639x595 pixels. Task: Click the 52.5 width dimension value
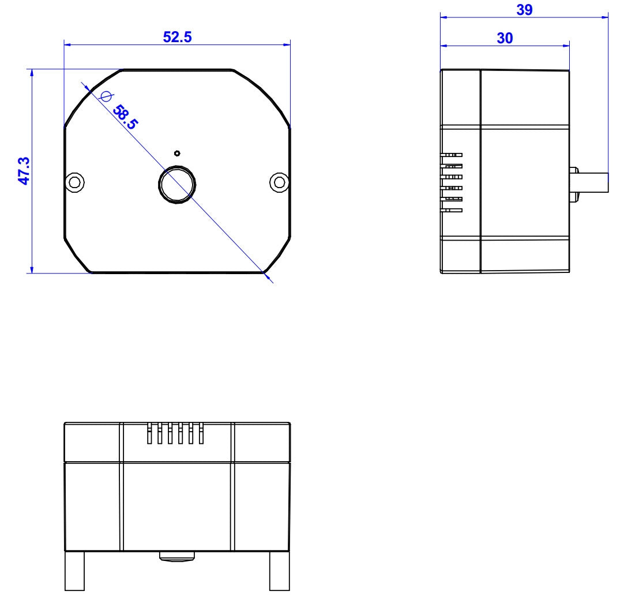pos(177,37)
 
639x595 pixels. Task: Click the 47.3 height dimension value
pos(24,171)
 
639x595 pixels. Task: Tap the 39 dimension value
pos(524,10)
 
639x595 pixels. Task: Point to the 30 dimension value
pos(505,38)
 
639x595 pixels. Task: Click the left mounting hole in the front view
pos(74,182)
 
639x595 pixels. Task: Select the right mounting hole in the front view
pos(279,182)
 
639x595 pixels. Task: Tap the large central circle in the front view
pos(177,184)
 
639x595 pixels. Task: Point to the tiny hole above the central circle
pos(177,154)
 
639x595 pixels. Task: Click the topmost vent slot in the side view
pos(452,155)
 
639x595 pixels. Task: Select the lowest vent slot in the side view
pos(452,210)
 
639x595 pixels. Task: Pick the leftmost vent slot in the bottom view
pos(149,434)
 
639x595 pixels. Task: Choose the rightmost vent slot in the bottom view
pos(201,434)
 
